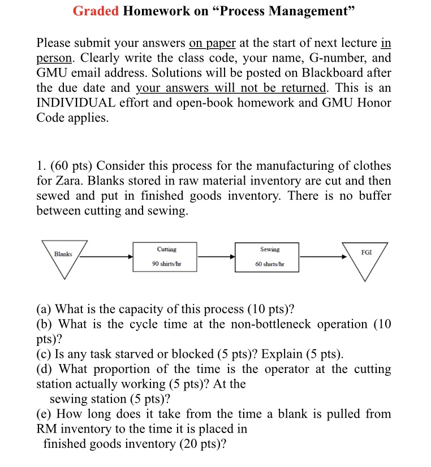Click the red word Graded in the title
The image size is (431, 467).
coord(96,12)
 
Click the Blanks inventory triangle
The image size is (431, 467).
coord(63,257)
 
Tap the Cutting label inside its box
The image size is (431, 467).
coord(166,249)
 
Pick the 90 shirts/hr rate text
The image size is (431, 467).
coord(166,264)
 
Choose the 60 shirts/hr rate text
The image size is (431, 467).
coord(270,264)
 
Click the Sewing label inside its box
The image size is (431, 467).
coord(270,249)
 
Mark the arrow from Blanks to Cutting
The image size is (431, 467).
coord(107,256)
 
